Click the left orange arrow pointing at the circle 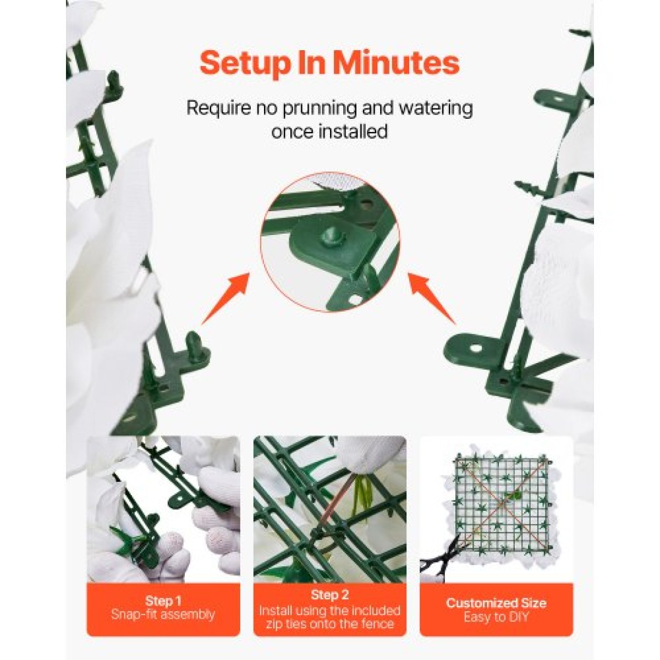tap(224, 299)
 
